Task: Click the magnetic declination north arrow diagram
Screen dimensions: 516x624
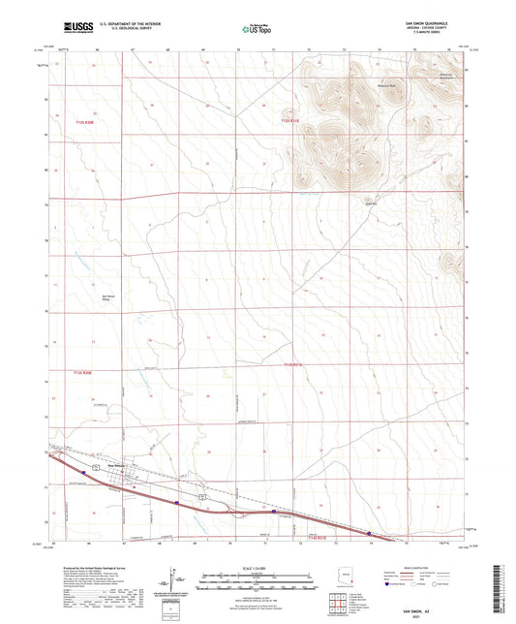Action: tap(175, 586)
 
